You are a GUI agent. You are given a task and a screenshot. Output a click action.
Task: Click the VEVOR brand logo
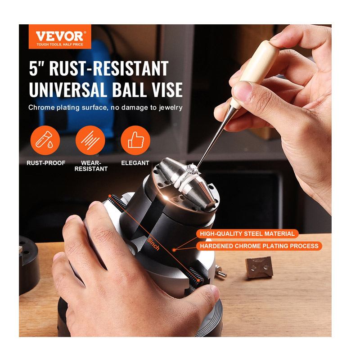pos(60,36)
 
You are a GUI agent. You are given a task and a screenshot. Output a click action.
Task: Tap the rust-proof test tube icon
pos(45,140)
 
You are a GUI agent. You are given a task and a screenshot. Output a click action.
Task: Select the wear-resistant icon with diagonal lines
pos(90,140)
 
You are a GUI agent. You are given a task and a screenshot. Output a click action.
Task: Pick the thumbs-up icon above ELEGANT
pos(135,140)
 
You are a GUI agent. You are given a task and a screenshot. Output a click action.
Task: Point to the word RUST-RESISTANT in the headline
pos(109,68)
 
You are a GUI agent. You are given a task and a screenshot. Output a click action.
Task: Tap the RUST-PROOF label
pos(46,163)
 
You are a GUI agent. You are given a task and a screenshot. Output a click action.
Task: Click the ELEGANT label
pos(135,163)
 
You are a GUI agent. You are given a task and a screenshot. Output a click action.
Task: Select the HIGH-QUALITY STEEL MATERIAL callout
pos(247,234)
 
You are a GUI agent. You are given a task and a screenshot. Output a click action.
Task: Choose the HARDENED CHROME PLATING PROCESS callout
pos(259,246)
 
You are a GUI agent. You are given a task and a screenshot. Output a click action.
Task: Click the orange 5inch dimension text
pos(153,244)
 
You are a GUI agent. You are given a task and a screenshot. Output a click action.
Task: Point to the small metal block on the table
pos(259,267)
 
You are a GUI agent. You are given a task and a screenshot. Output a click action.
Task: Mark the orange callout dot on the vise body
pos(174,250)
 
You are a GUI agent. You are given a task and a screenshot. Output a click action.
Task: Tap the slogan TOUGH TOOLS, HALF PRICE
pos(60,45)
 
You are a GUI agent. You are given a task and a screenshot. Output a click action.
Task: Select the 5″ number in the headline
pos(36,68)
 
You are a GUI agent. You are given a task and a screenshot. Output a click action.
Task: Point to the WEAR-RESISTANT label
pos(91,166)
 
